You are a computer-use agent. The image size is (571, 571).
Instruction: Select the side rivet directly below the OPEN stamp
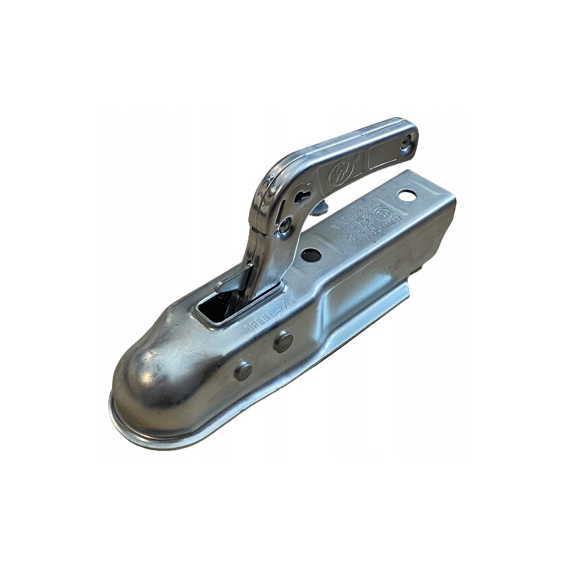283,342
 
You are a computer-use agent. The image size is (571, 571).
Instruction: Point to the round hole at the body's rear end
408,195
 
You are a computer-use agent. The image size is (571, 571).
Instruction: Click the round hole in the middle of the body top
310,255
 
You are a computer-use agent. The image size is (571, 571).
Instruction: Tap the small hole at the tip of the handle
406,143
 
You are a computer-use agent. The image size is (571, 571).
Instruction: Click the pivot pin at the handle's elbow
285,228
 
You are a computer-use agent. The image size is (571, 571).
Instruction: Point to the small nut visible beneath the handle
320,208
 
